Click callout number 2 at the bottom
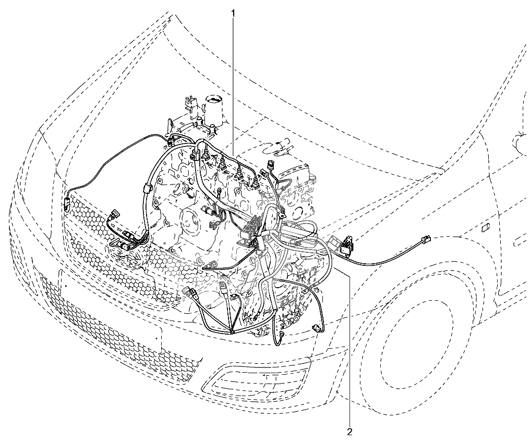pos(350,431)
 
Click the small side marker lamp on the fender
pos(485,227)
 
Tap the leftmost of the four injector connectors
pos(206,157)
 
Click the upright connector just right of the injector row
pos(270,165)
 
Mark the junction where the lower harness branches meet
pos(233,333)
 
